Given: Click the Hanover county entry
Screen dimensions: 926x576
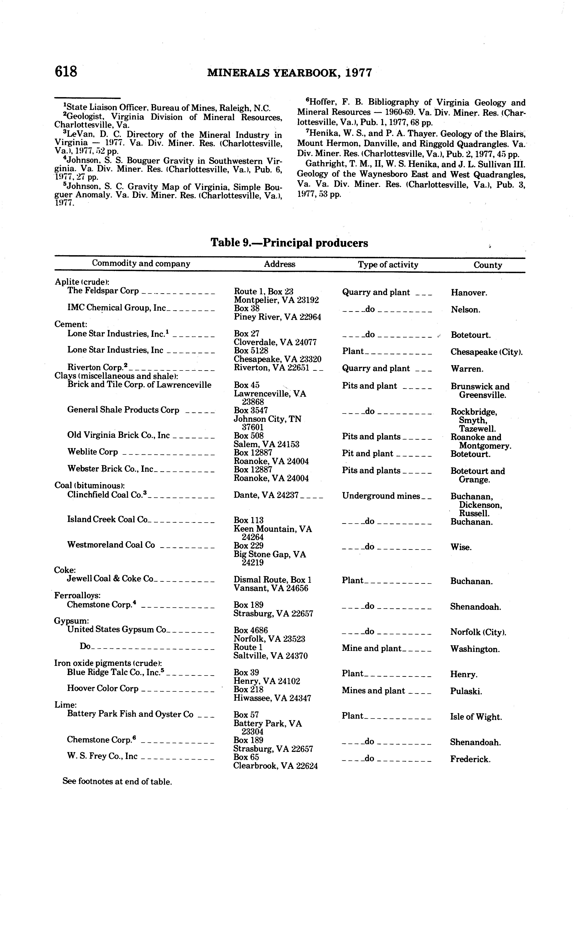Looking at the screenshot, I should [x=469, y=293].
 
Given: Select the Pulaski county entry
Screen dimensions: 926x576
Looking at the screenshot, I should [x=466, y=691].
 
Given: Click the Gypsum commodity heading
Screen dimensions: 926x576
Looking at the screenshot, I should [x=72, y=621].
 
